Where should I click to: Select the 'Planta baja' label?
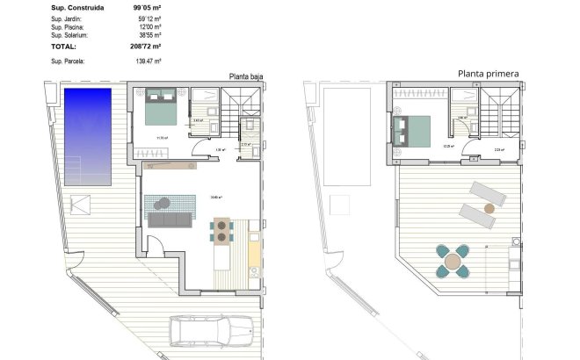[x=245, y=76]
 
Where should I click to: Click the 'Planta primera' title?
[x=488, y=75]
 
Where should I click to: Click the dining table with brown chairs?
[x=224, y=231]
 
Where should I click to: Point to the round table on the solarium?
[x=453, y=261]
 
